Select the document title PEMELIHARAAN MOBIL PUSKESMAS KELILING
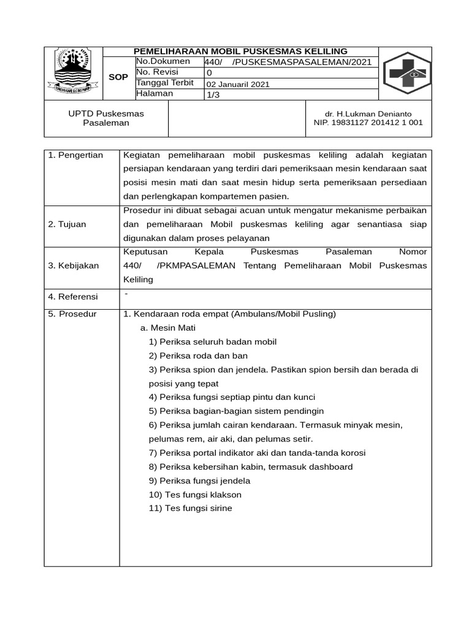point(240,52)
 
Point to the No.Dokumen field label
point(163,62)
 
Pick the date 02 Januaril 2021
point(237,84)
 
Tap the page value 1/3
point(213,94)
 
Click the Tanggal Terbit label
point(165,83)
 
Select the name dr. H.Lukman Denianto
point(368,113)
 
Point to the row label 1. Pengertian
point(75,155)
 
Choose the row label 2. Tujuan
point(67,224)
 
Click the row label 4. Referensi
point(73,297)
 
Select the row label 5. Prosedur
point(72,314)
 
